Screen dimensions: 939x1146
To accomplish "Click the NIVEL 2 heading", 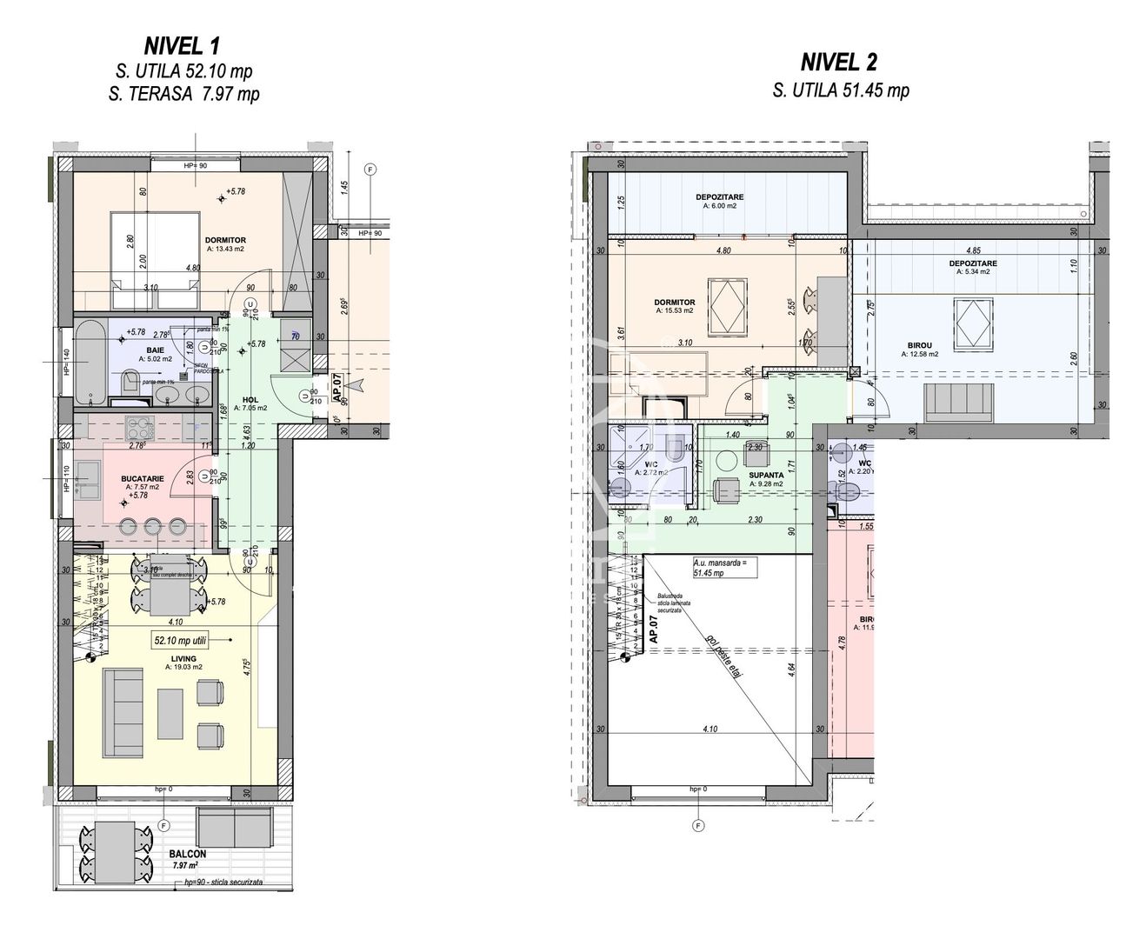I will (838, 62).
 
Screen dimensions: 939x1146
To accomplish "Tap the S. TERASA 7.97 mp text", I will (183, 95).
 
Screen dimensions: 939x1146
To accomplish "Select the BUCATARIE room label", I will (141, 478).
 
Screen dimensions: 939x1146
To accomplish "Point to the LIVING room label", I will (183, 659).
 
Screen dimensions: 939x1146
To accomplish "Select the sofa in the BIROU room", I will (960, 400).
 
